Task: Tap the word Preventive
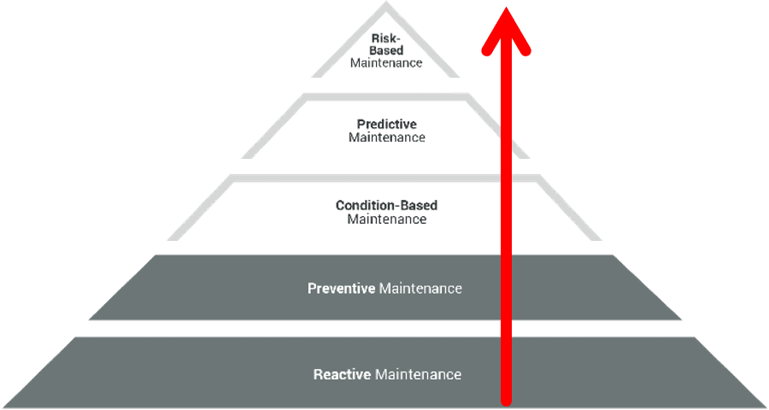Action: pyautogui.click(x=341, y=289)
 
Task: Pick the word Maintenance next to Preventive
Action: pyautogui.click(x=420, y=289)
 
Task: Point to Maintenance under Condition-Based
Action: pyautogui.click(x=386, y=219)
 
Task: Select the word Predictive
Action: pyautogui.click(x=386, y=125)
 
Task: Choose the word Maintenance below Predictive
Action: pyautogui.click(x=386, y=138)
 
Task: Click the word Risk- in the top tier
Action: pyautogui.click(x=386, y=38)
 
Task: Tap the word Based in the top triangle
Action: pyautogui.click(x=386, y=50)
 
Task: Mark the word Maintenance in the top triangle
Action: pyautogui.click(x=386, y=63)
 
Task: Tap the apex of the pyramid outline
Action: pyautogui.click(x=385, y=5)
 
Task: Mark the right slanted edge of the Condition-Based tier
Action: pyautogui.click(x=570, y=208)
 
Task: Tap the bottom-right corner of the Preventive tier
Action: pyautogui.click(x=682, y=319)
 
